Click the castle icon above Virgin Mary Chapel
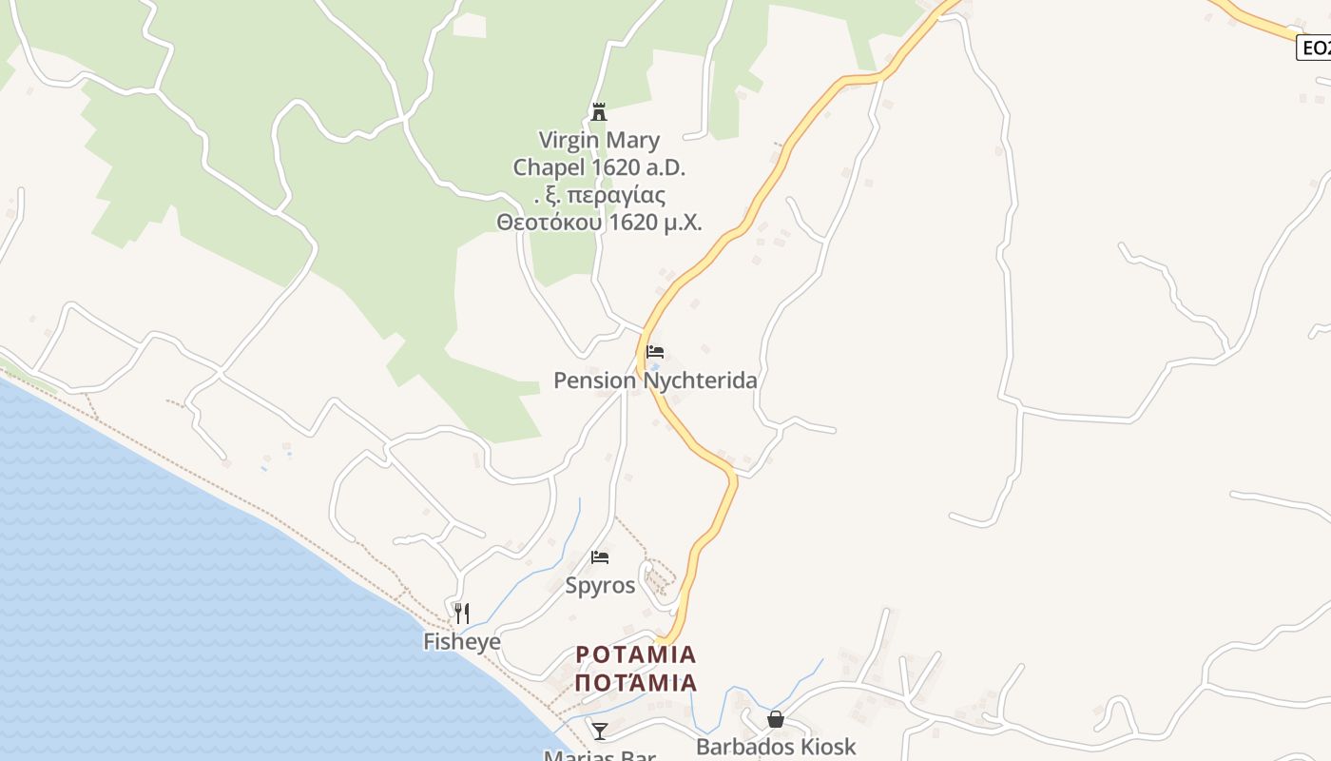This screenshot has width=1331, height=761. [599, 112]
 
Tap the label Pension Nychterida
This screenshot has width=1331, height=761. [655, 380]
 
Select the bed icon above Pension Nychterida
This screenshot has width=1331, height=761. [655, 351]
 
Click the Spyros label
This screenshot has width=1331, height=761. [600, 585]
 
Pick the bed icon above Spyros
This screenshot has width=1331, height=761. [600, 556]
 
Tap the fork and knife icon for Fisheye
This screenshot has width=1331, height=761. [462, 613]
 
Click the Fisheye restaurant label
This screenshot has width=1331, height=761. [462, 642]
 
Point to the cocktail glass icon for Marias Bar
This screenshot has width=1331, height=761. [600, 731]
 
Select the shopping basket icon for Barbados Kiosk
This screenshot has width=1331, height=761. [776, 719]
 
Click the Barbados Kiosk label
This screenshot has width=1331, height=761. [776, 747]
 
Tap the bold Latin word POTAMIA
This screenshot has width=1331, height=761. [636, 654]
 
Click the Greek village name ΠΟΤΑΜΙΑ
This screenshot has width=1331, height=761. [636, 682]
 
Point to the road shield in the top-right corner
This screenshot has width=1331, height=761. [1316, 48]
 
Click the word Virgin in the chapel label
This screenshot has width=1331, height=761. [569, 141]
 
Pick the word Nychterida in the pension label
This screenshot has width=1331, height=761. [700, 380]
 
